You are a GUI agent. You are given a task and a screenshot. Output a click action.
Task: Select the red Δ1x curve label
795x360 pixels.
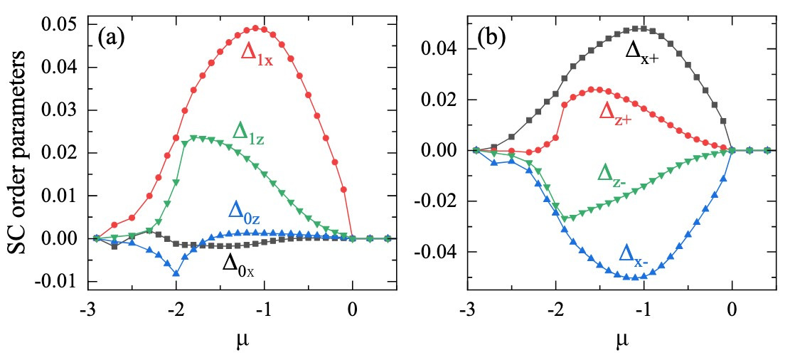[256, 55]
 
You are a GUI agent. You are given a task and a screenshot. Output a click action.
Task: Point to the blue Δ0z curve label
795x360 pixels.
[245, 211]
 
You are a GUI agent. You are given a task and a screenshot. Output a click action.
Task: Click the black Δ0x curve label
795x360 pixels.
[239, 263]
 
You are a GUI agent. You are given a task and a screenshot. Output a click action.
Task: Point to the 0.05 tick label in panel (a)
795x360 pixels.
[64, 26]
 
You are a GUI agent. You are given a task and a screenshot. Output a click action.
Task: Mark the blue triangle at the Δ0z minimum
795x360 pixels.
[176, 273]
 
